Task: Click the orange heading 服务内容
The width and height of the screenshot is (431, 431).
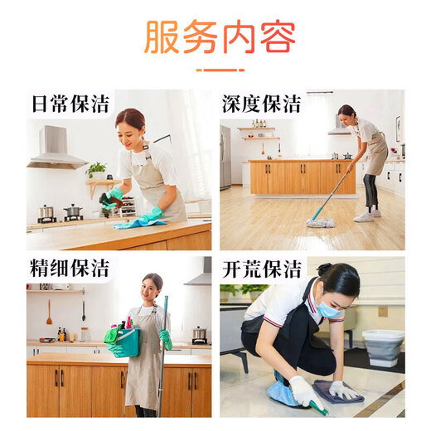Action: click(x=220, y=36)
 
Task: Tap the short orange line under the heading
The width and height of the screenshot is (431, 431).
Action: click(x=220, y=70)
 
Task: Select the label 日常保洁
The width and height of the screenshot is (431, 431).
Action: click(x=70, y=104)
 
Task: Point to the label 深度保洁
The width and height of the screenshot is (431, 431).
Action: click(x=261, y=104)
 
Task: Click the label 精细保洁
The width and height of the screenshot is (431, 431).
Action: click(x=70, y=270)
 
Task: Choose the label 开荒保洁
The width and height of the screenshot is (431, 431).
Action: click(x=261, y=270)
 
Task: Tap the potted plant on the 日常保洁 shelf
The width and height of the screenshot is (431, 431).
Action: click(x=97, y=169)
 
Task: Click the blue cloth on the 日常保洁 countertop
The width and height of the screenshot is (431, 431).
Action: click(x=137, y=222)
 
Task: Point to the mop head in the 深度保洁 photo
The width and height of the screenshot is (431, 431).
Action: click(x=321, y=222)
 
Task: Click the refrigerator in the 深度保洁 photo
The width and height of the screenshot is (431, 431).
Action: click(x=225, y=157)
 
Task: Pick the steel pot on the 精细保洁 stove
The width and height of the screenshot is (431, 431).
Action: click(x=200, y=334)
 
